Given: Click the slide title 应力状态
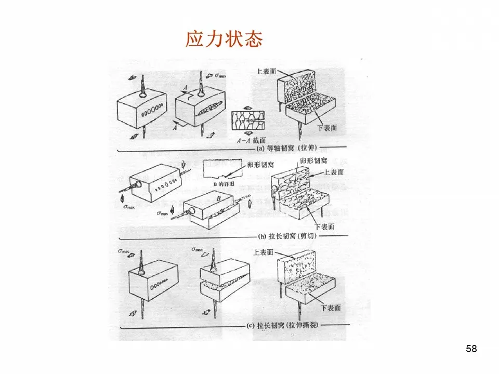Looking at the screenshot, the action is point(224,39).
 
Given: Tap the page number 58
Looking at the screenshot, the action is point(471,349).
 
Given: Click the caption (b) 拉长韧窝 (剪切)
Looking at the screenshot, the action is point(287,237).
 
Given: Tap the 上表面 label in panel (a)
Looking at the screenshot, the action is point(266,70).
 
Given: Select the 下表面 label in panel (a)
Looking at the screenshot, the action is point(328,127).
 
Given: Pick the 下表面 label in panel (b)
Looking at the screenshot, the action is point(325,226).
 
